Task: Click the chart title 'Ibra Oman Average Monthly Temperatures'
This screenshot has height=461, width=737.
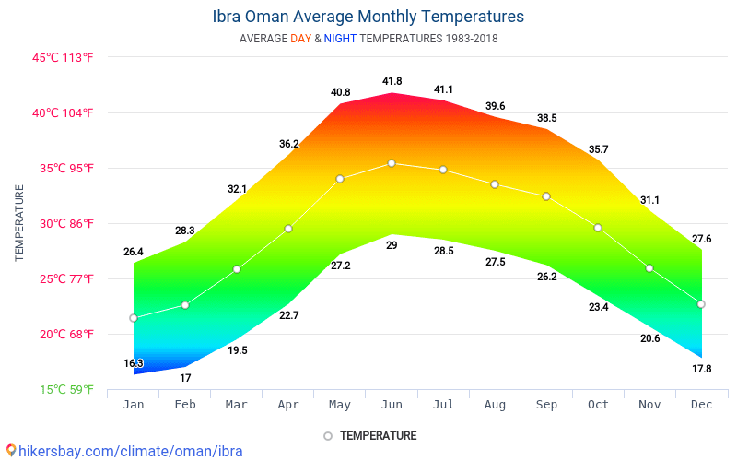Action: [x=368, y=17]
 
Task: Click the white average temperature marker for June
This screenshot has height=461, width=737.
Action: [x=392, y=163]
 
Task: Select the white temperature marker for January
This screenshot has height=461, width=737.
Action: [x=134, y=318]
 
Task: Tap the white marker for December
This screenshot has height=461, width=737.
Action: [x=701, y=304]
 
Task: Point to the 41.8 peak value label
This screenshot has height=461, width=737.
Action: [x=392, y=81]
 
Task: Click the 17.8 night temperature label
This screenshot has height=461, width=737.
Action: [x=701, y=369]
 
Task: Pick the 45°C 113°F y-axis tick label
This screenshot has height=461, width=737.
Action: [x=64, y=57]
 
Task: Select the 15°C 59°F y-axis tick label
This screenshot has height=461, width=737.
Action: [x=66, y=389]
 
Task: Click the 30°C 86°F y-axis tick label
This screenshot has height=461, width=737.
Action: [x=64, y=223]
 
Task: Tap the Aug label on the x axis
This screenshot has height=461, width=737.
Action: [x=495, y=405]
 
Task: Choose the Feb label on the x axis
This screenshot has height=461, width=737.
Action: [x=185, y=405]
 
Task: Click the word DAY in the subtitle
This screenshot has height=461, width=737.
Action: [x=300, y=39]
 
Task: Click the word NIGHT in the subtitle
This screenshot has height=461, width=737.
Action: [x=340, y=39]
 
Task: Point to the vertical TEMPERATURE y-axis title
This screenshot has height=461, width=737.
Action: [x=19, y=222]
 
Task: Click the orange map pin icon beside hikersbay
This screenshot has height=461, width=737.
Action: [x=10, y=451]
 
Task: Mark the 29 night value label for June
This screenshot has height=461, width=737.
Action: [x=392, y=245]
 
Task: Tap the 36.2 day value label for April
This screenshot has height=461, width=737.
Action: [x=288, y=144]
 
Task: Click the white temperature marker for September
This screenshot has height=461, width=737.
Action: [x=546, y=196]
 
